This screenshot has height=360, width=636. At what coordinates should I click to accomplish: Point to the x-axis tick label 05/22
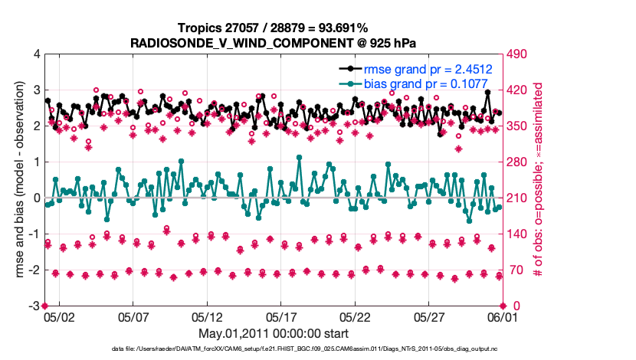pos(356,316)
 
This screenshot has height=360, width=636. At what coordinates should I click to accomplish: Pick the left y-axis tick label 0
pos(37,198)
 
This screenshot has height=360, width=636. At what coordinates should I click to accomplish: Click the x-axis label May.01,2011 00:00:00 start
pos(274,333)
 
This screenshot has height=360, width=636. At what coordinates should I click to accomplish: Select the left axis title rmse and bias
pos(18,179)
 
